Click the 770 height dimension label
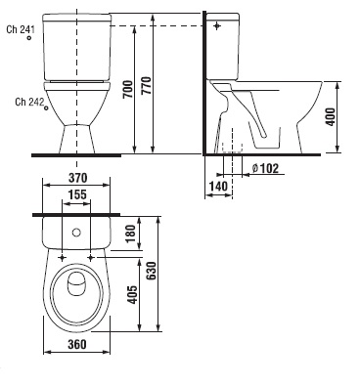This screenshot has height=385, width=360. pyautogui.click(x=148, y=86)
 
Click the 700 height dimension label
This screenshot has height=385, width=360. pyautogui.click(x=128, y=89)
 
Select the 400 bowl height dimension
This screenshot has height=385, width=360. pyautogui.click(x=330, y=116)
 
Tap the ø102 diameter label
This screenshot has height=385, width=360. pyautogui.click(x=265, y=168)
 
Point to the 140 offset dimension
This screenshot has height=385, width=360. pyautogui.click(x=218, y=187)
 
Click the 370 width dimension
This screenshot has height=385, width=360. pyautogui.click(x=77, y=178)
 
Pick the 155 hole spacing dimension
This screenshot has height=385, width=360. pyautogui.click(x=77, y=194)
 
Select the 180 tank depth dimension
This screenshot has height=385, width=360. pyautogui.click(x=130, y=234)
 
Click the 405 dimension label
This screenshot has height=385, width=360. pyautogui.click(x=132, y=295)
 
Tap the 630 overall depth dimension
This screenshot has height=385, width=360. pyautogui.click(x=151, y=271)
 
